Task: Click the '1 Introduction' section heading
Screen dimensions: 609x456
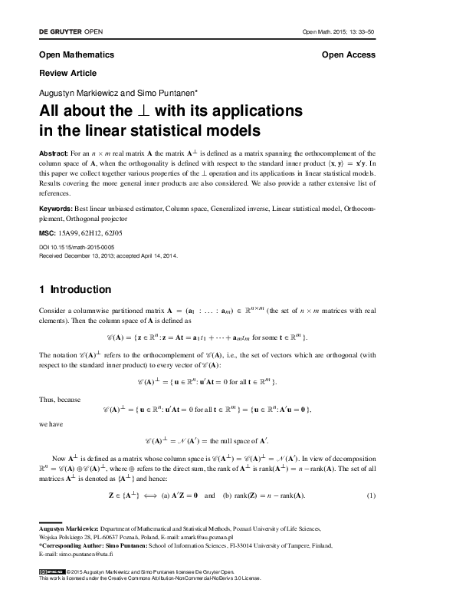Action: [75, 290]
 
